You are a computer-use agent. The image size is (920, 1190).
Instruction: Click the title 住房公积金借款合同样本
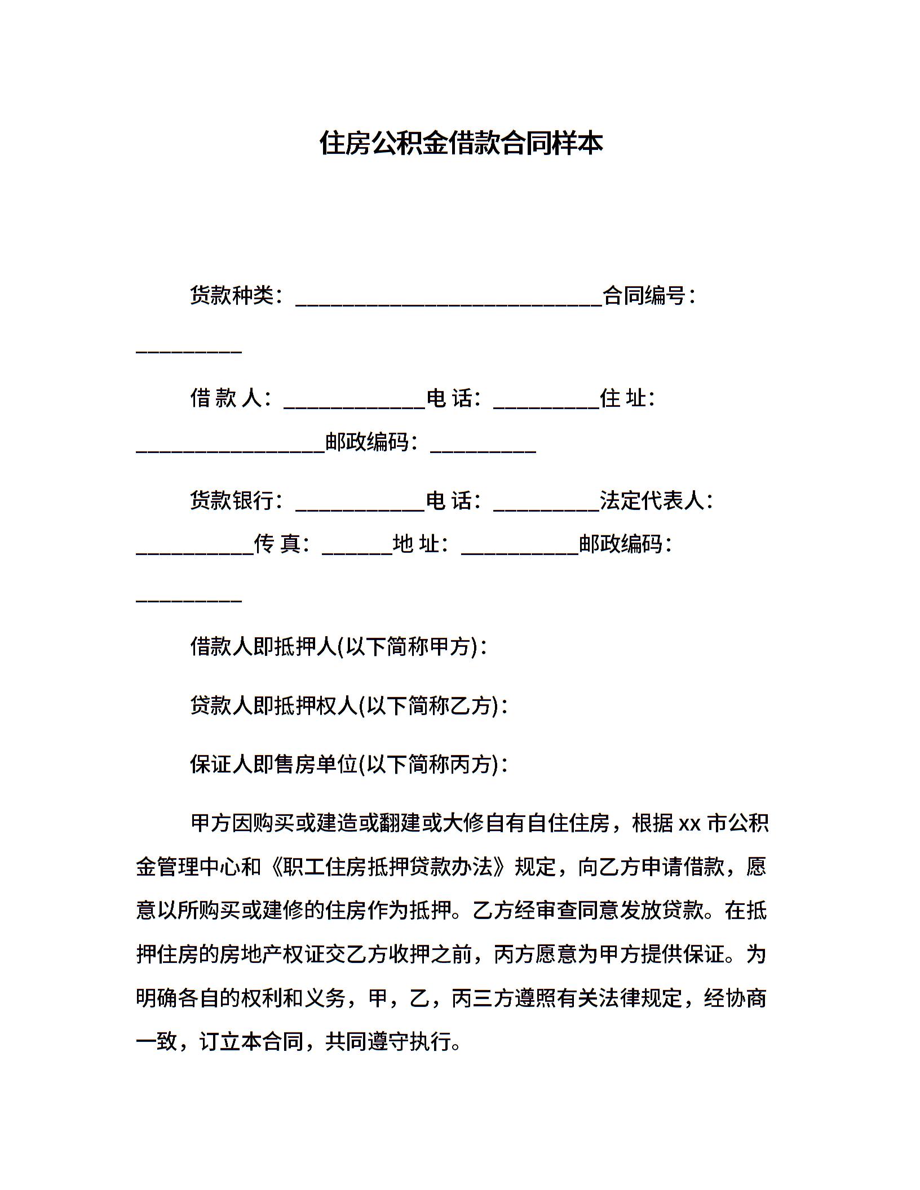tap(461, 143)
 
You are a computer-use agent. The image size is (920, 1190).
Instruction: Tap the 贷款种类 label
tap(232, 295)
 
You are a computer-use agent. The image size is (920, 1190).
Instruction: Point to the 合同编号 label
tap(644, 295)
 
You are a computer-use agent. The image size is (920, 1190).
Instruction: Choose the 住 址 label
tap(622, 398)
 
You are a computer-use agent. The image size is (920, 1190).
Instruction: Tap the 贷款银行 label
tap(232, 500)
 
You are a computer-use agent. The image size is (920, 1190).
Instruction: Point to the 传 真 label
tap(277, 544)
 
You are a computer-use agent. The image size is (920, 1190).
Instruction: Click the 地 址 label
tap(416, 544)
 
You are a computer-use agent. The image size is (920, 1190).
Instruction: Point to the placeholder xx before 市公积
tap(689, 824)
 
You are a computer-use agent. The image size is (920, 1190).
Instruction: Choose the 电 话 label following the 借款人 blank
tap(449, 398)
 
